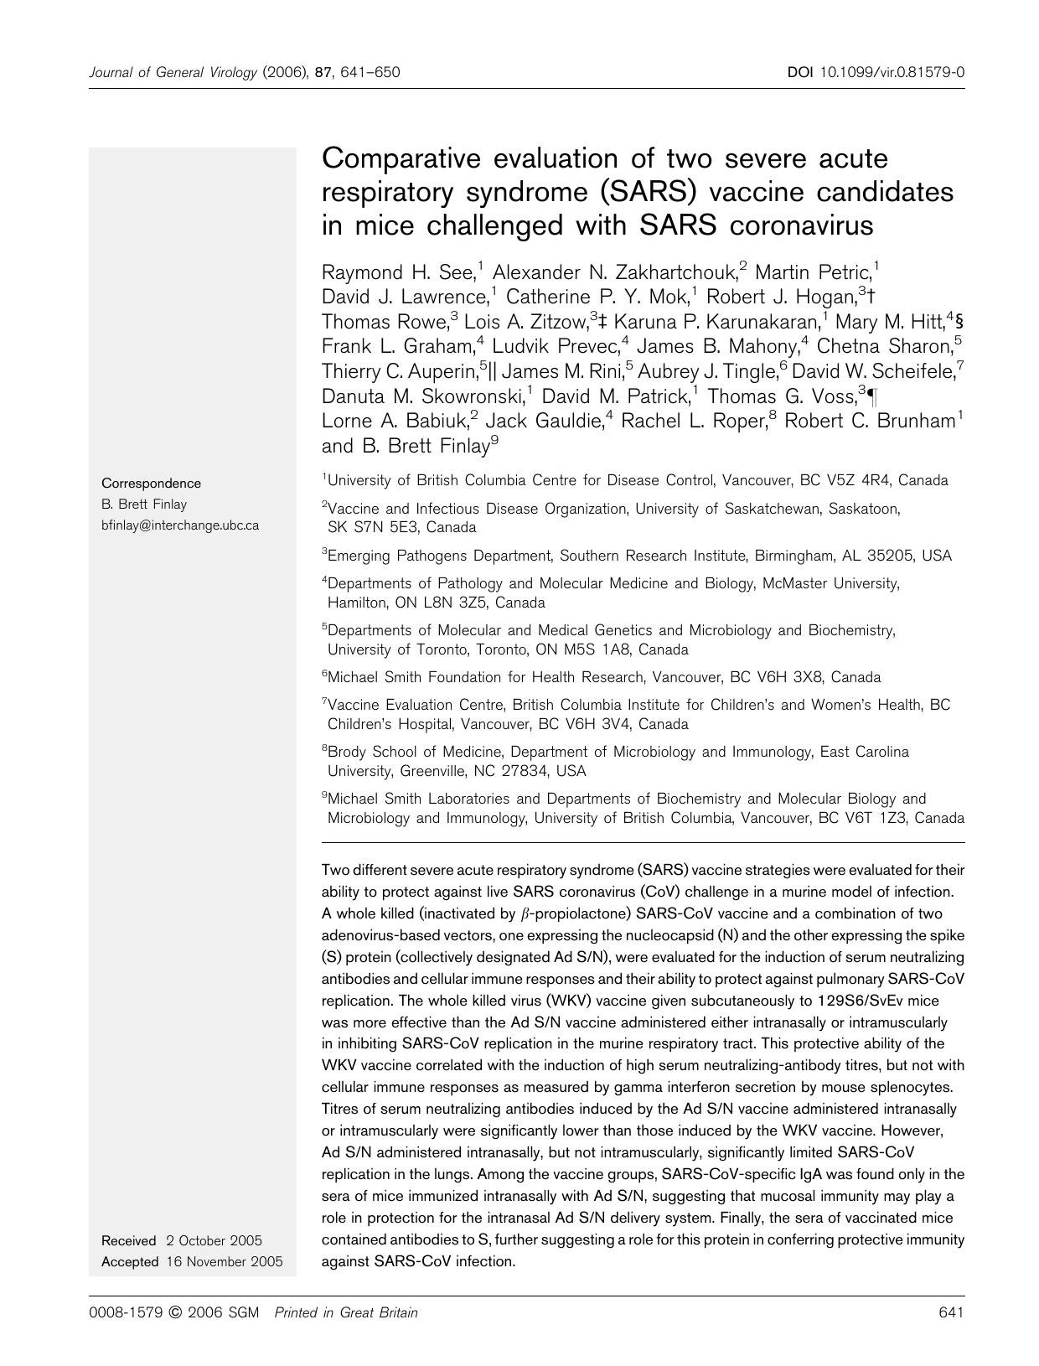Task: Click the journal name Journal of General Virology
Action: click(x=173, y=72)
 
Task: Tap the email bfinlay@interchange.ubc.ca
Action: click(x=179, y=525)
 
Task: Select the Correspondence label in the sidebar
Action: click(x=151, y=483)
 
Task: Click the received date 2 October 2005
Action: click(x=214, y=1240)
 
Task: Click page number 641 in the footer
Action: click(x=952, y=1312)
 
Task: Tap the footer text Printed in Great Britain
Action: click(x=345, y=1312)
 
